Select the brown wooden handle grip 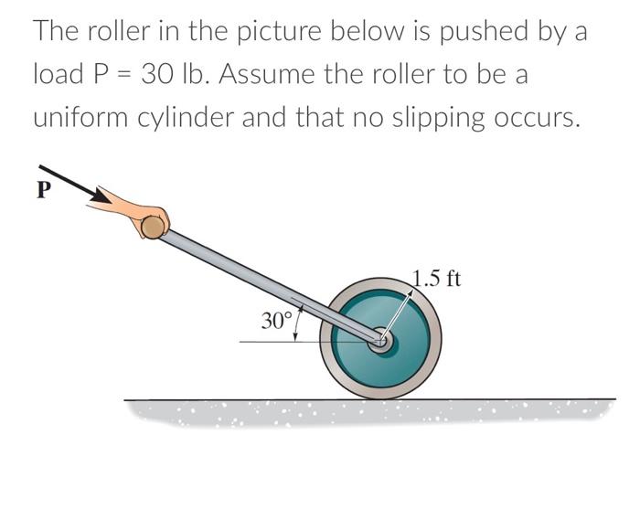click(154, 223)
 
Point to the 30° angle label click(275, 321)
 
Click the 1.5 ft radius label click(437, 278)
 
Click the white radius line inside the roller click(397, 316)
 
